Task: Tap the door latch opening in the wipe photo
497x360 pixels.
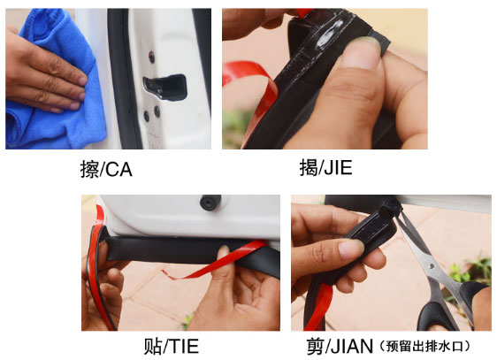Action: pyautogui.click(x=165, y=88)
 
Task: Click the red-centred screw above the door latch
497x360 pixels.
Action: pyautogui.click(x=152, y=57)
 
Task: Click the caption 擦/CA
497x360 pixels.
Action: pyautogui.click(x=106, y=169)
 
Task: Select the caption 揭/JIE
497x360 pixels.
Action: pyautogui.click(x=325, y=167)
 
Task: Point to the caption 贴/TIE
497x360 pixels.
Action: pyautogui.click(x=172, y=346)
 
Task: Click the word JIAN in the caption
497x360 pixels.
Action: pyautogui.click(x=352, y=346)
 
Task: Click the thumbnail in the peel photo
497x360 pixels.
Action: pyautogui.click(x=361, y=54)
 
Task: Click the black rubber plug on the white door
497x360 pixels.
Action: pyautogui.click(x=210, y=202)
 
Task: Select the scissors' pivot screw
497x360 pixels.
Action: pyautogui.click(x=432, y=265)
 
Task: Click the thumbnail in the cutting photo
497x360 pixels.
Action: pyautogui.click(x=351, y=248)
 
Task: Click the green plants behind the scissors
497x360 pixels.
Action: pyautogui.click(x=468, y=270)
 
